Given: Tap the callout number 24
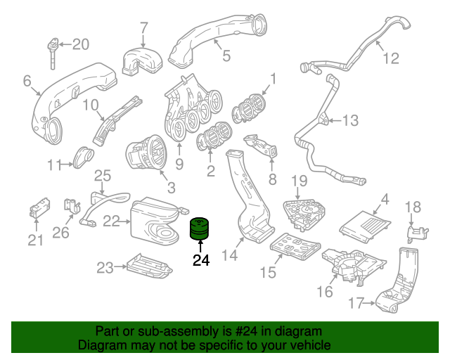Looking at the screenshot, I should tap(201, 261).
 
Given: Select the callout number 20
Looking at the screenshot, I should tap(81, 45).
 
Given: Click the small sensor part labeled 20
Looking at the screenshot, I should tap(53, 52).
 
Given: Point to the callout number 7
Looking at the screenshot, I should tap(144, 28).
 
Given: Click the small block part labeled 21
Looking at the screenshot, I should tap(38, 209).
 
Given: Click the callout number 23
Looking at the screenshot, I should tap(105, 267).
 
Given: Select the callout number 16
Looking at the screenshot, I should tap(325, 291).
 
